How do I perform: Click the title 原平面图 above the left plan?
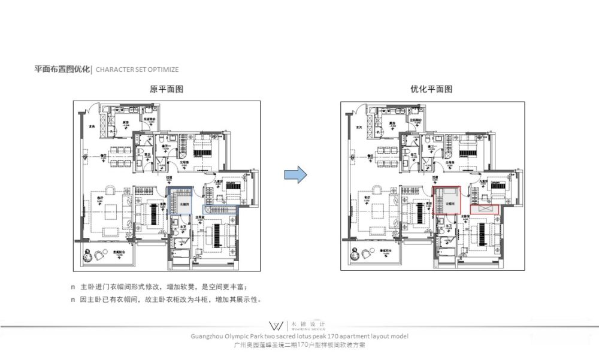[166, 89]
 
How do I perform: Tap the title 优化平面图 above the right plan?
[431, 89]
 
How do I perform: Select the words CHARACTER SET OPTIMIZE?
[137, 69]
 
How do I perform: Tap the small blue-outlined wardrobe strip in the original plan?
[222, 210]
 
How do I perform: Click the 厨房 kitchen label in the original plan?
[126, 122]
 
